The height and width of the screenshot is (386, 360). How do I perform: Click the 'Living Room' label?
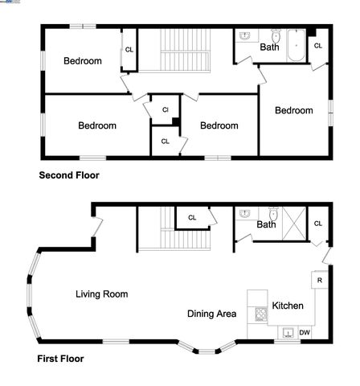coord(101,294)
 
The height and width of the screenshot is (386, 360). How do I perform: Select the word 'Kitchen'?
coord(287,306)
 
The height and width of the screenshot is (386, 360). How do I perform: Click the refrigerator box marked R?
coord(319,280)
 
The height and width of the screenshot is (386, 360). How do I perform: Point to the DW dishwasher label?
coord(305,332)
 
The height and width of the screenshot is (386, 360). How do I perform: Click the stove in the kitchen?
coord(260,314)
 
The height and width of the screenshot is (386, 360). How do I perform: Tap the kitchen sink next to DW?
coord(286,332)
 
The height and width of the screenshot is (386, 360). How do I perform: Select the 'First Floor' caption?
coord(60,359)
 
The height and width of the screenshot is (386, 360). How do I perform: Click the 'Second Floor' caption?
coord(69,175)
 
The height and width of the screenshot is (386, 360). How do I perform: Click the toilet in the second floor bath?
coord(275,37)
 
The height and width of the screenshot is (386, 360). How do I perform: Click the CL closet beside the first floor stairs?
coord(192,217)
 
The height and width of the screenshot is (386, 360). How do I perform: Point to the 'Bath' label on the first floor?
coord(266,224)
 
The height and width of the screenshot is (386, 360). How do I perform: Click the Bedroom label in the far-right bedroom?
coord(293,110)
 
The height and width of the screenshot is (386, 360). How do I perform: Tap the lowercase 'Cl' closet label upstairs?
coord(165,109)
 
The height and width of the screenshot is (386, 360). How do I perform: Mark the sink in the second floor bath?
coord(246,36)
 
